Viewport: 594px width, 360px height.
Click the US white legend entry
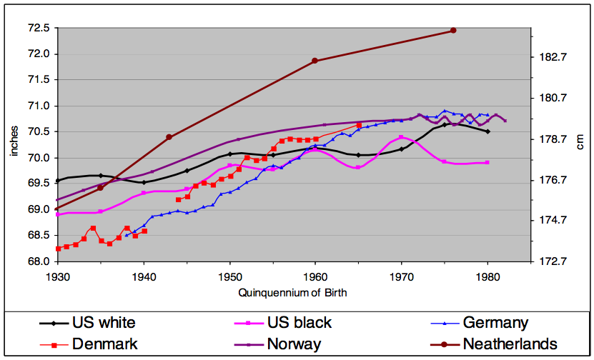[x=87, y=323]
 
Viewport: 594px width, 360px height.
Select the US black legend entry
[x=283, y=323]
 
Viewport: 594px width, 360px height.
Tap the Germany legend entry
[x=480, y=323]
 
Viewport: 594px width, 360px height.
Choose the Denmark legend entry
[x=89, y=344]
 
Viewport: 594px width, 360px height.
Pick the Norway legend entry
[x=277, y=344]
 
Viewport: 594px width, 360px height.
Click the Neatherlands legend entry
[x=494, y=344]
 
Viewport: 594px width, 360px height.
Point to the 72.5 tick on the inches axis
[x=39, y=29]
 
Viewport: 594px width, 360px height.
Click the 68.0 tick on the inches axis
[x=39, y=261]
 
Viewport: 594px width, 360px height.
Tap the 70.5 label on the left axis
[x=39, y=132]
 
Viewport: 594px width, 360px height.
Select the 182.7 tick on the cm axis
[x=553, y=57]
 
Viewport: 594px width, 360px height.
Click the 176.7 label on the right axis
[x=553, y=179]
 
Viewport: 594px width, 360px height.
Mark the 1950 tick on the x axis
[x=229, y=277]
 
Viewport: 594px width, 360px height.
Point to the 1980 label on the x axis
[x=487, y=277]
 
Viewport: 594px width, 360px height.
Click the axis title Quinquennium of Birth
[x=292, y=293]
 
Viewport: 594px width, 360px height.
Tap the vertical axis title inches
[x=14, y=141]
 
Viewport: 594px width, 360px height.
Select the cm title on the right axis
[x=580, y=142]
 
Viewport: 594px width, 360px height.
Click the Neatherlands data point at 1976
[x=453, y=30]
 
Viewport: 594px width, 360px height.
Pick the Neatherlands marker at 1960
[x=315, y=61]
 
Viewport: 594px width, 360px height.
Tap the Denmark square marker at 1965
[x=359, y=125]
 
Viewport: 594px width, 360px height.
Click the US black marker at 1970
[x=401, y=137]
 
